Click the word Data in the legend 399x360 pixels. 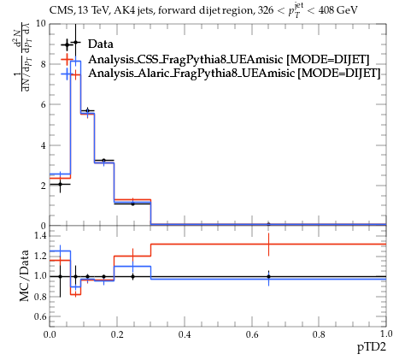[101, 44]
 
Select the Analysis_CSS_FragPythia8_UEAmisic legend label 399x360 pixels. [185, 59]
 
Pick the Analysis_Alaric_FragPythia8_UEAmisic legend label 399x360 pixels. [191, 73]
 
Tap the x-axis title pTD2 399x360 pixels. [372, 347]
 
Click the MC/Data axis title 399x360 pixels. [25, 275]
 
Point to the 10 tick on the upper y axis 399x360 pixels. [41, 23]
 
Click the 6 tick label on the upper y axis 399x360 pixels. [44, 104]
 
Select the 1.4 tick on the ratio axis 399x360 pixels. [40, 236]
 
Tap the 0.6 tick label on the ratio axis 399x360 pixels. [40, 316]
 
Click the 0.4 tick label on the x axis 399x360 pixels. [185, 334]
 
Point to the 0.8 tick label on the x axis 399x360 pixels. [319, 334]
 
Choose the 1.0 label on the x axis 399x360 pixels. [386, 333]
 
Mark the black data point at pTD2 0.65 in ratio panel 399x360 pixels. [268, 276]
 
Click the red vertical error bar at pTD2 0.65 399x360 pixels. [268, 245]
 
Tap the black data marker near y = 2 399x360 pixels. [60, 184]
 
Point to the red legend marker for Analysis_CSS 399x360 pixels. [67, 59]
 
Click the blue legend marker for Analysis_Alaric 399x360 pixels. [67, 74]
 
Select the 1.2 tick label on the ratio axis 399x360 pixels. [40, 256]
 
